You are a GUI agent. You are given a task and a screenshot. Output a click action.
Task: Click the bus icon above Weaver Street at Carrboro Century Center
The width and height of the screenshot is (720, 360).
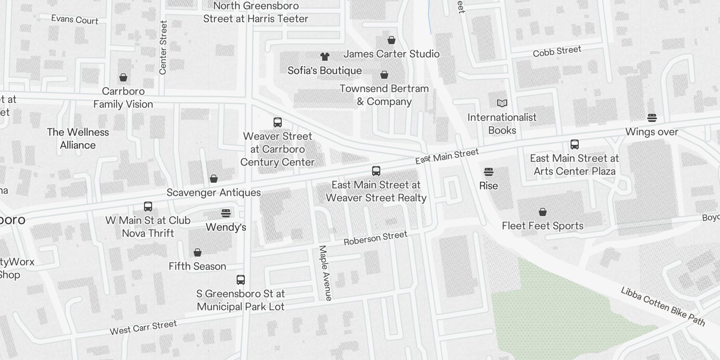pos(278,122)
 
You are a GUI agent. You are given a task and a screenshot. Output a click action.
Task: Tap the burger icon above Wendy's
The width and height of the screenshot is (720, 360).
pos(226,213)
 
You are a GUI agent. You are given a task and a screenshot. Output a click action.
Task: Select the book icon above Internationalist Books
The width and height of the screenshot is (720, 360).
pos(502,103)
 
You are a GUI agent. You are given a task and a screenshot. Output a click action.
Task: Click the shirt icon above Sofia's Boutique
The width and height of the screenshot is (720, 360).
pos(325,57)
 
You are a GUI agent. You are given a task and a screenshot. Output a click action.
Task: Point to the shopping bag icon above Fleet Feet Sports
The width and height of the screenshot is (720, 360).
pos(543,212)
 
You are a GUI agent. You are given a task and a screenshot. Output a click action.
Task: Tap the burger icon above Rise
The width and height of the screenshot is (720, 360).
pos(489,172)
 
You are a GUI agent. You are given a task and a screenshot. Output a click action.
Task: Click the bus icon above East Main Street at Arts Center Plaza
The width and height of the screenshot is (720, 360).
pos(575,144)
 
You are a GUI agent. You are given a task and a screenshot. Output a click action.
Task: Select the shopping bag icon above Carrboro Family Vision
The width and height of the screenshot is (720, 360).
pos(123,78)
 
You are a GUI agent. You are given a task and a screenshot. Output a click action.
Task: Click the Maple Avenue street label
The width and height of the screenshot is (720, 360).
pos(325,273)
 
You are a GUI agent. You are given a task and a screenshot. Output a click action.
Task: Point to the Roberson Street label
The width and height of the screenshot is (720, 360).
pos(375,238)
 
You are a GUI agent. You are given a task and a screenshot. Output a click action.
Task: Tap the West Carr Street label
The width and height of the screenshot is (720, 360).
pos(143,328)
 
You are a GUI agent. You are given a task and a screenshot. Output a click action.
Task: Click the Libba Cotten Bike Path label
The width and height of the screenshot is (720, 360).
pos(663,306)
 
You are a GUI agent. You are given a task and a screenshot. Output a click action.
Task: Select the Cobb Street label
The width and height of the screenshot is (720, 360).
pos(557,51)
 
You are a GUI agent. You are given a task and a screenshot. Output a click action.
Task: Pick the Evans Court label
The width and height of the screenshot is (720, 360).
pos(75,19)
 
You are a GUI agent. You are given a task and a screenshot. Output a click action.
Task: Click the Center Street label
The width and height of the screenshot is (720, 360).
pos(163,47)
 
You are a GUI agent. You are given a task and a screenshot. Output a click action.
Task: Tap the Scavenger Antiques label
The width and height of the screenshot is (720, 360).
pos(214,193)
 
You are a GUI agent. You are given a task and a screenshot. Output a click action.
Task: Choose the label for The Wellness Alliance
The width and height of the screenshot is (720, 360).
pos(78,139)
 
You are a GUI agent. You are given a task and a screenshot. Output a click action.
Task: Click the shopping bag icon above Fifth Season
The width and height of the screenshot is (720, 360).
pos(198,253)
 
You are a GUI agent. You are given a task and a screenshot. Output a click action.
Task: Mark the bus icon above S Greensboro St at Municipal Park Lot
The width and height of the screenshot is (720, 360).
pos(241,280)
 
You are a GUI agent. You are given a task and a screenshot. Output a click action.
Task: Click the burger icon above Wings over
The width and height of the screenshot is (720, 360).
pos(652,118)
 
